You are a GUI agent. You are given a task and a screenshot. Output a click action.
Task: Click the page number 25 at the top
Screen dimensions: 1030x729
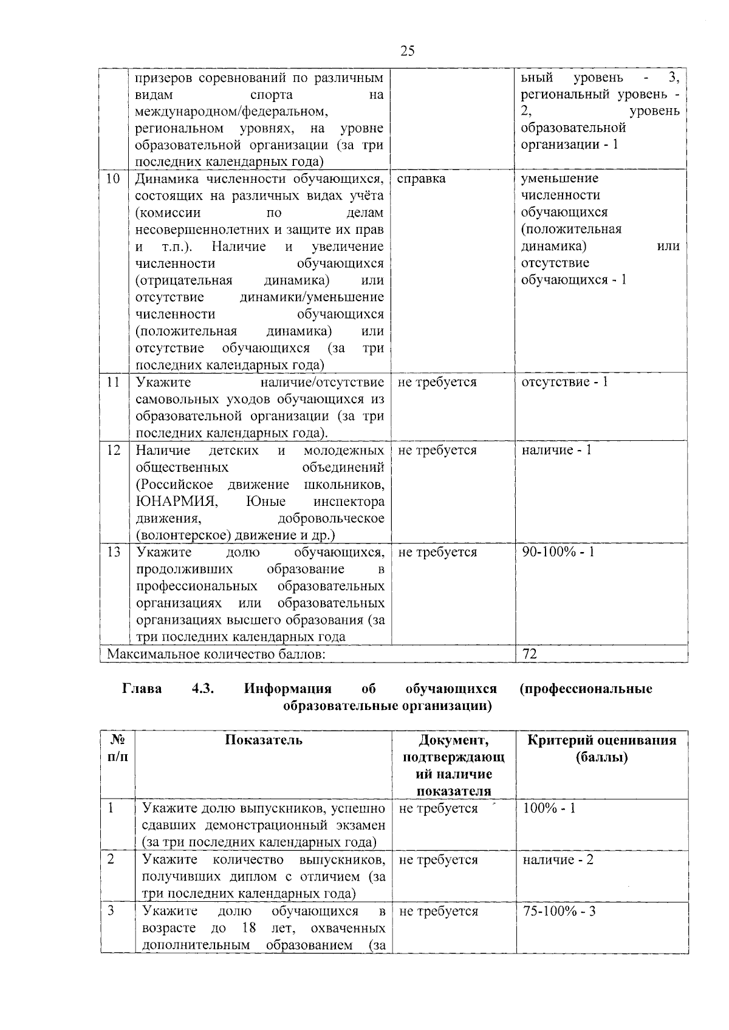tap(408, 51)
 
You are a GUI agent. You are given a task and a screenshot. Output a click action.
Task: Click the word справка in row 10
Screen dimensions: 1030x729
tap(421, 179)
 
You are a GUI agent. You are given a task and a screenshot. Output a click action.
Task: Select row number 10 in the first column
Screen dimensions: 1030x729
tap(113, 179)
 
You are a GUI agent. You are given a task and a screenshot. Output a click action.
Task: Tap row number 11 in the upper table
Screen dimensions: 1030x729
tap(113, 382)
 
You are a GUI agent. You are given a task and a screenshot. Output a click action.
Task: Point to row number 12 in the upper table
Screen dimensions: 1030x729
tap(113, 450)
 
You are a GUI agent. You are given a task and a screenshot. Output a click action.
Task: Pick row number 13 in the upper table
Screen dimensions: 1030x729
tap(113, 552)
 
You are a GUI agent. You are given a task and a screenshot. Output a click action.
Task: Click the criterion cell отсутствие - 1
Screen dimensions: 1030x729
tap(565, 382)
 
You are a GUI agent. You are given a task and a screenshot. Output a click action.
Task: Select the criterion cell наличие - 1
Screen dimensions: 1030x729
tap(556, 450)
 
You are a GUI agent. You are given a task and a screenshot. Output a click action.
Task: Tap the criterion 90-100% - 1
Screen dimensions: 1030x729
tap(558, 552)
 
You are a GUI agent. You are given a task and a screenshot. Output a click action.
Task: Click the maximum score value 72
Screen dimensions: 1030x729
tap(530, 653)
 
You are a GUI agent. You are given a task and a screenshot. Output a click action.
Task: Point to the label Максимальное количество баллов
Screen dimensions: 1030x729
tap(216, 653)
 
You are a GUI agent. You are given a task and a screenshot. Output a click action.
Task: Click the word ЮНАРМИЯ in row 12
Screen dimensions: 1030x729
tap(176, 502)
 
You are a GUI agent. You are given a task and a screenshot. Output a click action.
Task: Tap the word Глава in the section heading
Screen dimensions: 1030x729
tap(142, 689)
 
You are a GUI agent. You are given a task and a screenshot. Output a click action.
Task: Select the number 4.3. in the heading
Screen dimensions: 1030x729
tap(203, 689)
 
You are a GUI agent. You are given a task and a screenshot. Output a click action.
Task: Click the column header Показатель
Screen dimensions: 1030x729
tap(264, 740)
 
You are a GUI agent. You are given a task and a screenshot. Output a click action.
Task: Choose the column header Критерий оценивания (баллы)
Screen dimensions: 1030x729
tap(601, 748)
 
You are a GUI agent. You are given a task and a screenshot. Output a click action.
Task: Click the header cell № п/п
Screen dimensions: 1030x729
tap(118, 748)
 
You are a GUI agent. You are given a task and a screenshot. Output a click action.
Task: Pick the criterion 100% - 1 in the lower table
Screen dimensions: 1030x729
tap(549, 808)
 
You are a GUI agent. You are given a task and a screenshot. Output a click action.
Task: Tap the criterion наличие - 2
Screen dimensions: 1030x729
tap(558, 860)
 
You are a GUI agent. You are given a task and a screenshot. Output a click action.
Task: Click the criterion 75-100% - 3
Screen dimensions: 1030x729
tap(559, 912)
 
